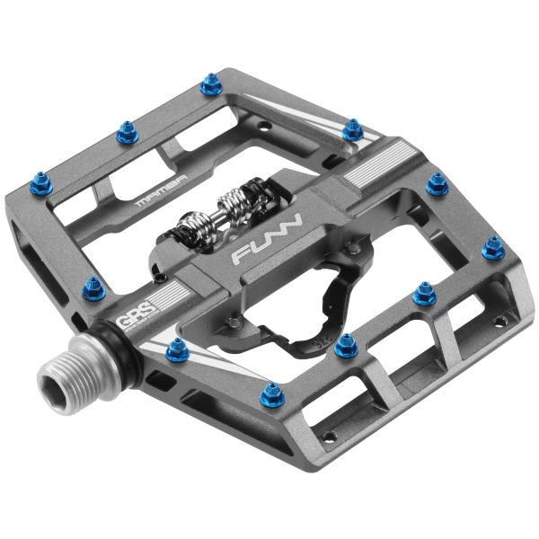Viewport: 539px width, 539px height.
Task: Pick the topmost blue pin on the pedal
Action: [x=210, y=87]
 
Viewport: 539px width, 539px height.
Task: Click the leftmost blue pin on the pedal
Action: [x=93, y=288]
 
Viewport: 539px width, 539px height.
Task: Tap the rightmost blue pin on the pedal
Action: [x=492, y=247]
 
